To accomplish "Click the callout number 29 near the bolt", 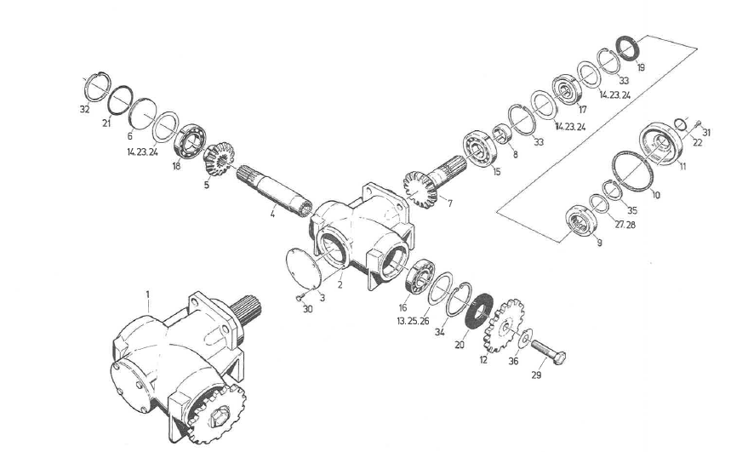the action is (x=536, y=375).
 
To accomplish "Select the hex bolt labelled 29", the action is (x=549, y=352).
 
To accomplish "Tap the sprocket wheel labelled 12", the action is (x=503, y=325).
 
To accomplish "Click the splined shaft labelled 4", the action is (x=274, y=191).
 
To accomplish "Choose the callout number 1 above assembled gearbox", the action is (x=148, y=295).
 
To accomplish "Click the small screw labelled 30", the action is (x=299, y=299).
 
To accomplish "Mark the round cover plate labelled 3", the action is (x=304, y=267).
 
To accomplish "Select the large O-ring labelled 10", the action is (x=632, y=170).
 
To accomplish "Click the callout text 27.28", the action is (x=625, y=225).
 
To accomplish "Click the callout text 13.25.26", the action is (x=413, y=321).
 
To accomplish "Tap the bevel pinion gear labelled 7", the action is (x=420, y=190).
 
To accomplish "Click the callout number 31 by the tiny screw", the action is (x=706, y=133).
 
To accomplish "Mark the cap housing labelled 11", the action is (x=661, y=143).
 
